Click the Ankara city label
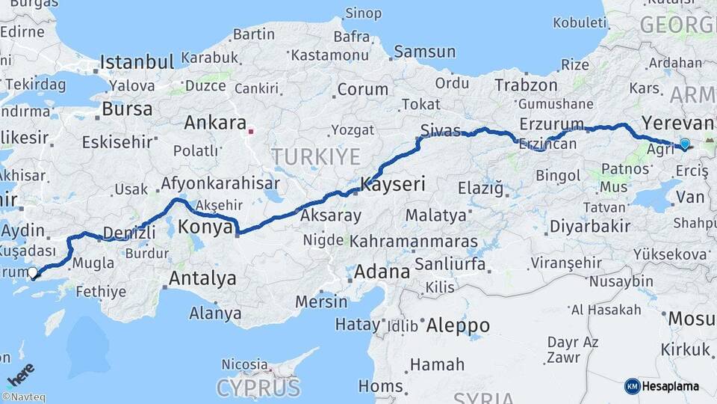coord(215,123)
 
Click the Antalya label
coord(202,279)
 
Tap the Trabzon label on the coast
coord(526,85)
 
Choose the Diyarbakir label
coord(590,226)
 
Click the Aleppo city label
coord(458,325)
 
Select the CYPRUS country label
coord(258,388)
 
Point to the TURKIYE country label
coord(315,156)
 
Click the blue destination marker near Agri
coord(684,143)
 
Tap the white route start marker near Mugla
coord(32,274)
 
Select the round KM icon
coord(632,386)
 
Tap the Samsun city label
coord(424,52)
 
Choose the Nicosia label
coord(245,364)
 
